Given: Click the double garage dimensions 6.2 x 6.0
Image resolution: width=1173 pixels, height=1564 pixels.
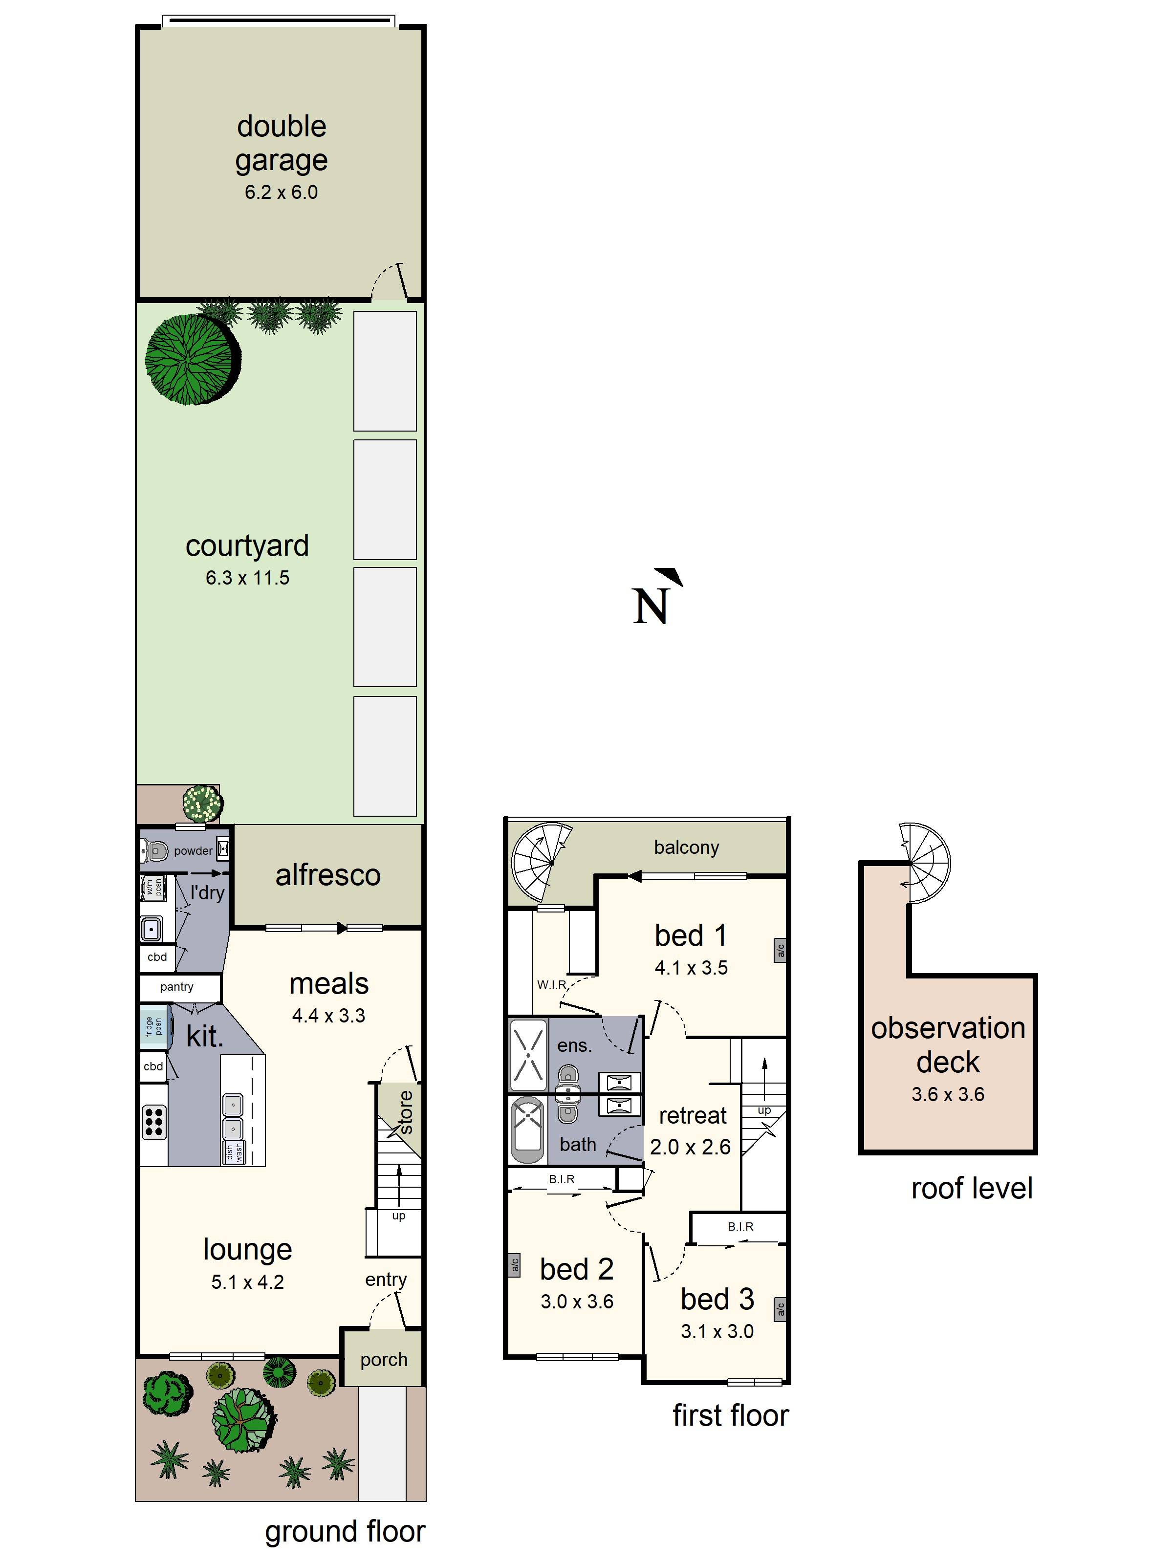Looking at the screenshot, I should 281,192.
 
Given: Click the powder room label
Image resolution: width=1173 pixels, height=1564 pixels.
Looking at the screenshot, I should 192,850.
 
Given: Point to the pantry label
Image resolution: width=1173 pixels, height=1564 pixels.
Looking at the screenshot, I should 177,986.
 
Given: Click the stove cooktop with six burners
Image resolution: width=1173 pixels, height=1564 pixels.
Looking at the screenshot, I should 154,1122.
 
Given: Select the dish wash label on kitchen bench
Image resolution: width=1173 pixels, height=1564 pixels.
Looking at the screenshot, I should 234,1153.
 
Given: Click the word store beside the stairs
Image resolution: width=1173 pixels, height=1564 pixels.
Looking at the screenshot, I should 406,1112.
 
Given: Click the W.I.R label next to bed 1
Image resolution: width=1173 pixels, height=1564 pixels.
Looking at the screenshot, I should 551,985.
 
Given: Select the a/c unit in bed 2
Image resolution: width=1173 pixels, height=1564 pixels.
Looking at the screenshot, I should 515,1265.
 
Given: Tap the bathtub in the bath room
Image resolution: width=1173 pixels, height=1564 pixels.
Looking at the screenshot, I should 527,1129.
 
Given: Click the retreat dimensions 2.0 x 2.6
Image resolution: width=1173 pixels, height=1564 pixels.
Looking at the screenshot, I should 690,1147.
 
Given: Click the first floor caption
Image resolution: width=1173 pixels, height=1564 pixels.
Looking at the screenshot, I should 730,1415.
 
